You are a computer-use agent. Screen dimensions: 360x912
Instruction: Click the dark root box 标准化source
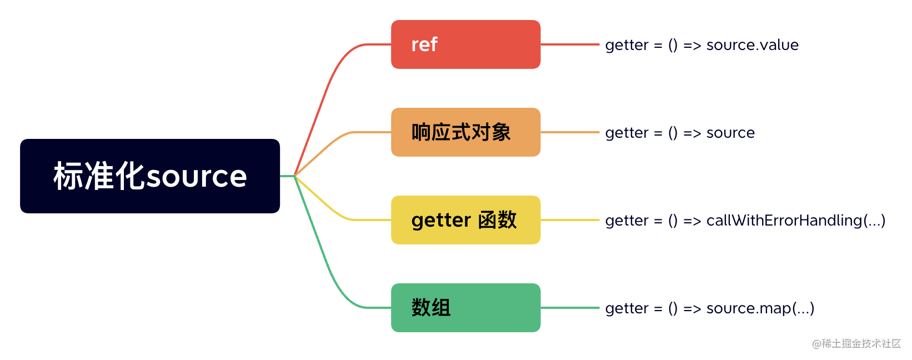point(150,176)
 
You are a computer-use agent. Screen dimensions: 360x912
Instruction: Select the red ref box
point(465,44)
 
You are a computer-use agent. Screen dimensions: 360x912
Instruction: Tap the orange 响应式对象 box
point(465,132)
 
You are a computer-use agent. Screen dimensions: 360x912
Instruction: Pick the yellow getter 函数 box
point(465,220)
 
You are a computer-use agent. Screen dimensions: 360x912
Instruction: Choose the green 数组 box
point(465,308)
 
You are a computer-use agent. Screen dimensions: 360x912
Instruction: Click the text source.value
point(752,45)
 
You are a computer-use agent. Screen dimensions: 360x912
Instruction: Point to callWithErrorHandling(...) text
point(795,221)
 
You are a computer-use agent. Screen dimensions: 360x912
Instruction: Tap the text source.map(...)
point(760,308)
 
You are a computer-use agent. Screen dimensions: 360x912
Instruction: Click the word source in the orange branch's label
point(730,133)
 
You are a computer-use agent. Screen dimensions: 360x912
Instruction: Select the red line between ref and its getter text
point(570,44)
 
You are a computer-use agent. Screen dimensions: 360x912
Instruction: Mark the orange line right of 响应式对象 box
point(570,132)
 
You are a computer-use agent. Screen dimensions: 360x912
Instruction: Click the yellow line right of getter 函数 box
point(570,220)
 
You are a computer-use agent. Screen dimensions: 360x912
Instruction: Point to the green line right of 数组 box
point(570,308)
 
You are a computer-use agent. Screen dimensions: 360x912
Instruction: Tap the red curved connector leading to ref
point(328,89)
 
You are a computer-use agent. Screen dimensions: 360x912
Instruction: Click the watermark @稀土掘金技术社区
point(856,343)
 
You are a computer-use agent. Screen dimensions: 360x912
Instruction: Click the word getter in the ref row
point(627,45)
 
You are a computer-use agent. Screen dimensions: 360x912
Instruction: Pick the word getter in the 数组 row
point(627,308)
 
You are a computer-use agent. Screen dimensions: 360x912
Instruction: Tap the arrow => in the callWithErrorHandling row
point(692,221)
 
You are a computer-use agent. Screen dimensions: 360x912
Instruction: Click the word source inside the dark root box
point(196,177)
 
